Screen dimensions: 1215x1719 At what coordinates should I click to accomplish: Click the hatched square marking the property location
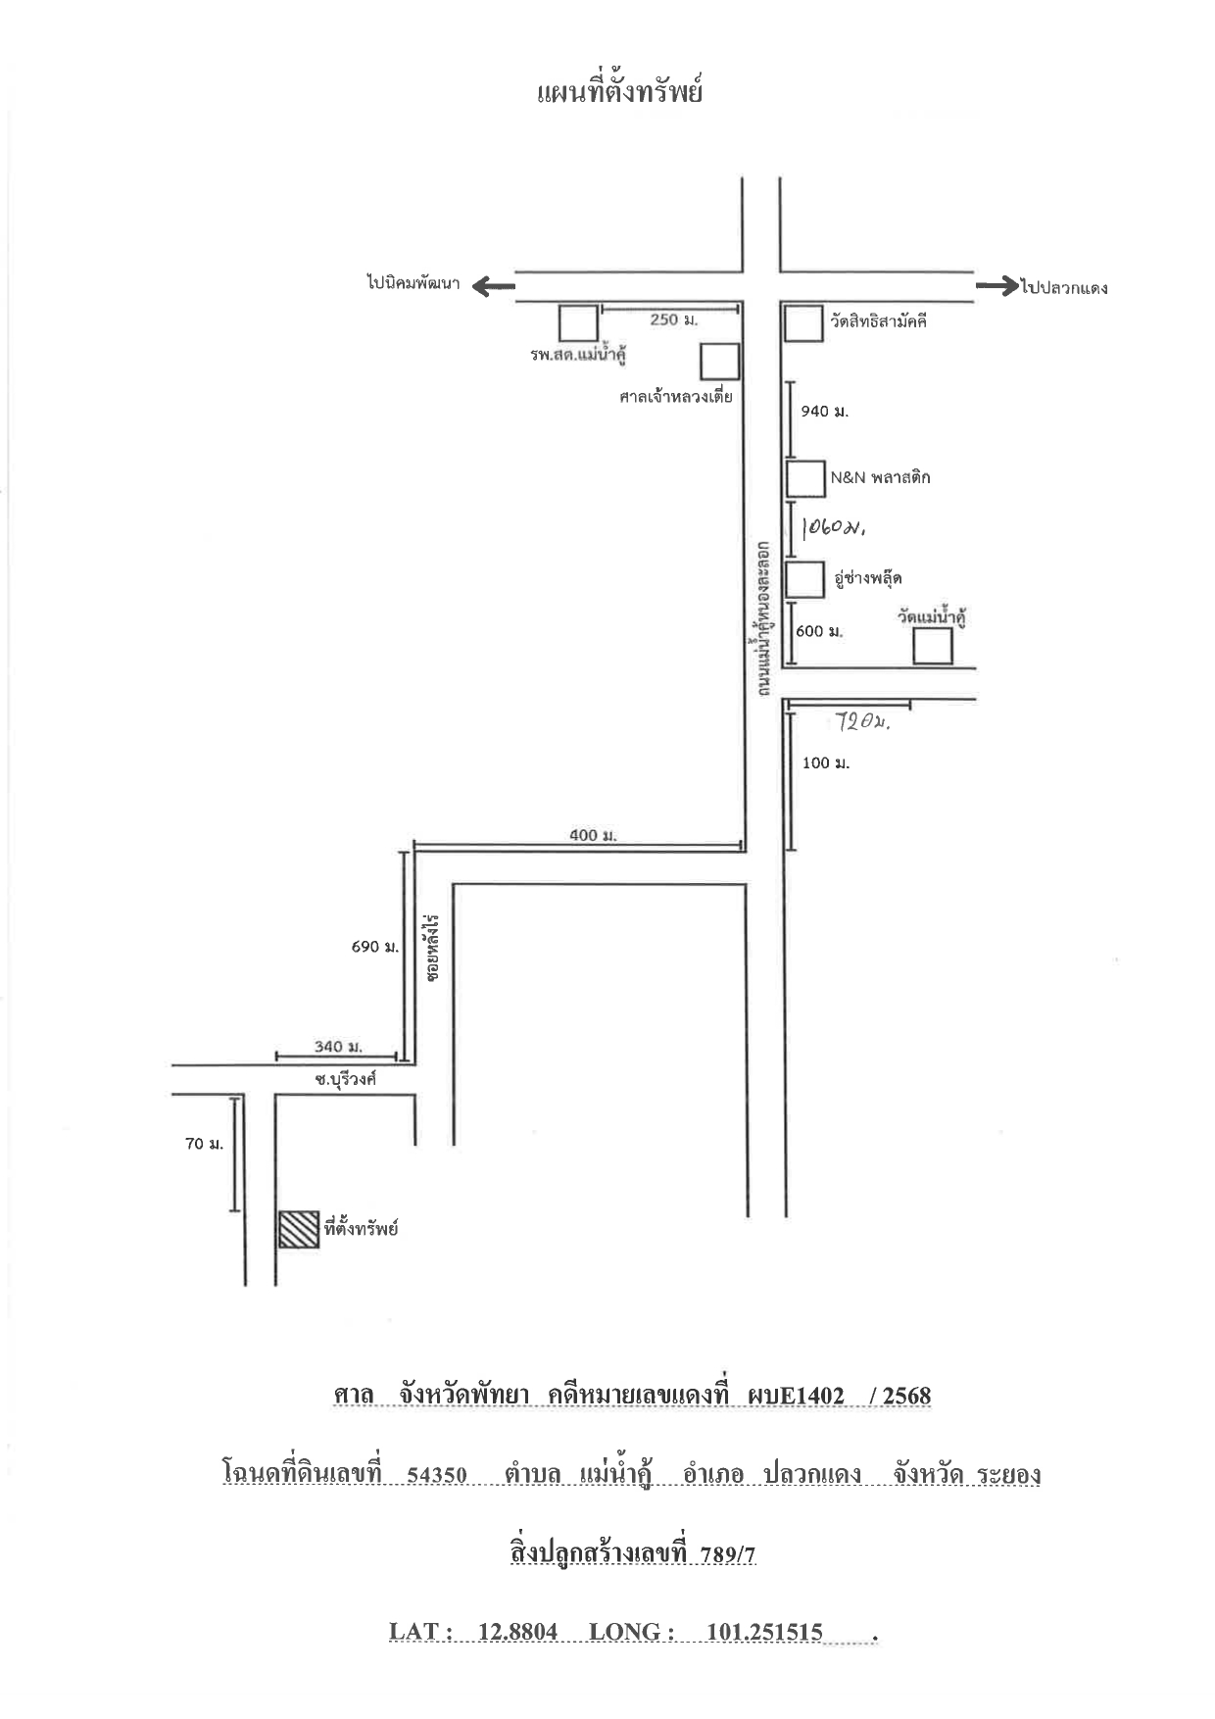point(299,1229)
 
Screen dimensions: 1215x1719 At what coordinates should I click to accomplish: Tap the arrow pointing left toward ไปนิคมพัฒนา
point(494,286)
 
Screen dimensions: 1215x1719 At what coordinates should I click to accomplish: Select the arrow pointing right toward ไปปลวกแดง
point(996,286)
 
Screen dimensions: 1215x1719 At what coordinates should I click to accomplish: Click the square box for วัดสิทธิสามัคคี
point(804,323)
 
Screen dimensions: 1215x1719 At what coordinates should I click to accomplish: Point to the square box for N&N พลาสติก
point(805,478)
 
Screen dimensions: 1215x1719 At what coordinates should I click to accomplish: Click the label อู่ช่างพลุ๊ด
point(867,578)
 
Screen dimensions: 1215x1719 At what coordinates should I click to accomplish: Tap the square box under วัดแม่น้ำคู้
point(933,647)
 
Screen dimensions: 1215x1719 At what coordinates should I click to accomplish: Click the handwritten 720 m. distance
point(862,722)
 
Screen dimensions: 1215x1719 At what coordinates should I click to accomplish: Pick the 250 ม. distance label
point(674,320)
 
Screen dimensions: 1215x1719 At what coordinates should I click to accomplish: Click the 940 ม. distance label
point(825,412)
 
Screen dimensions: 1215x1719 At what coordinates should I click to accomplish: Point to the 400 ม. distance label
point(593,836)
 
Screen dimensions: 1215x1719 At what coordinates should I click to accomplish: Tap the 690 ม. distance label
point(375,948)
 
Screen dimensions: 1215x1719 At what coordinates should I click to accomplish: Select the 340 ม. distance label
point(338,1047)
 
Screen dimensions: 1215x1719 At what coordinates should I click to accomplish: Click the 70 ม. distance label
point(204,1144)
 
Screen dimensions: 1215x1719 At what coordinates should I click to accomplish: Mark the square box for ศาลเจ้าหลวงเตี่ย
point(720,362)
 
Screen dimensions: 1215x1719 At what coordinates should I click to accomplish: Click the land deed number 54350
point(436,1475)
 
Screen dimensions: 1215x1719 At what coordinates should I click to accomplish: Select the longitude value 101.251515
point(764,1632)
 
